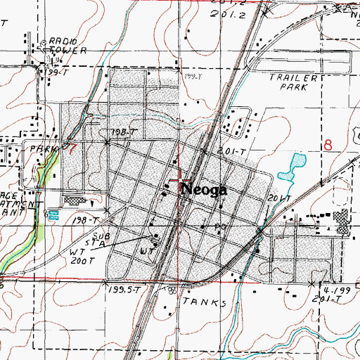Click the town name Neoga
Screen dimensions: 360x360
[x=204, y=190]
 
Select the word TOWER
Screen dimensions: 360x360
[x=67, y=51]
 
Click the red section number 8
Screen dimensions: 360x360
[x=328, y=146]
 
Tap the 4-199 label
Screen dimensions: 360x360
[x=330, y=290]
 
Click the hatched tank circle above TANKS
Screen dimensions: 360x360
[x=172, y=290]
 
